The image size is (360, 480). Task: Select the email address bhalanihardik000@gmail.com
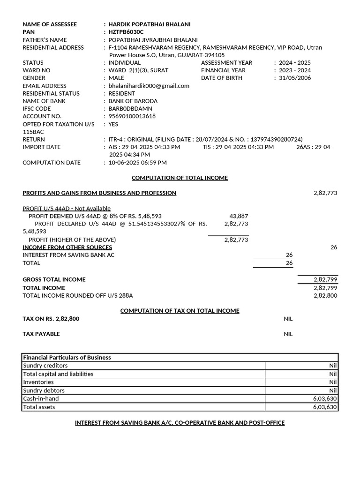pyautogui.click(x=149, y=86)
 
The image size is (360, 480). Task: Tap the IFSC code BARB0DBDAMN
pyautogui.click(x=130, y=108)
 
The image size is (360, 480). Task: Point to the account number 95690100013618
pyautogui.click(x=132, y=116)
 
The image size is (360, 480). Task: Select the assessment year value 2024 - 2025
pyautogui.click(x=294, y=62)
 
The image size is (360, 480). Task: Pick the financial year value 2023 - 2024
pyautogui.click(x=294, y=70)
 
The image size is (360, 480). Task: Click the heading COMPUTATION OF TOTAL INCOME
pyautogui.click(x=180, y=178)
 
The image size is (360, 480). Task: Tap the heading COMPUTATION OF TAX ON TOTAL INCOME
pyautogui.click(x=180, y=311)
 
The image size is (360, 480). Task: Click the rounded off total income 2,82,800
pyautogui.click(x=325, y=295)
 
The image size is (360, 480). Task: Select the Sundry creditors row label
pyautogui.click(x=45, y=366)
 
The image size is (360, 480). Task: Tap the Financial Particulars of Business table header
pyautogui.click(x=67, y=357)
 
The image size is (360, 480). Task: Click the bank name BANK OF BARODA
pyautogui.click(x=133, y=101)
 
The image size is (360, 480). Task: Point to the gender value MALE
pyautogui.click(x=116, y=78)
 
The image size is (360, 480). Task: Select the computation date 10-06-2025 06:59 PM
pyautogui.click(x=137, y=163)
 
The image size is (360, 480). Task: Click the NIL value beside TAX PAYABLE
pyautogui.click(x=288, y=334)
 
